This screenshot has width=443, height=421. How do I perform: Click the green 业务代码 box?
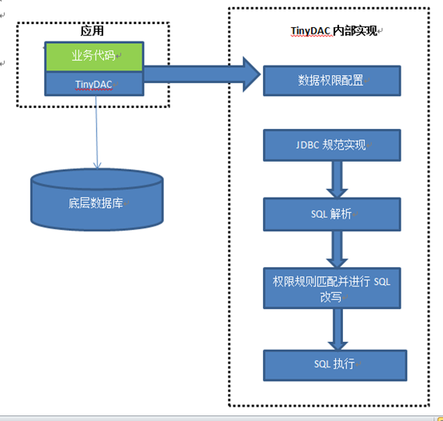(x=94, y=57)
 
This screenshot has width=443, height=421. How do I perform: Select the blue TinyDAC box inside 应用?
(x=94, y=82)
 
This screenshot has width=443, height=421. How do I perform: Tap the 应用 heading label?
(x=93, y=31)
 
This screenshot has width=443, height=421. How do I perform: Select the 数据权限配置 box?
(x=331, y=80)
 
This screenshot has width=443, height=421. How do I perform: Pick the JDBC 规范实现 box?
(x=331, y=145)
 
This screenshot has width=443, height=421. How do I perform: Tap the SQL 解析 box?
(x=331, y=215)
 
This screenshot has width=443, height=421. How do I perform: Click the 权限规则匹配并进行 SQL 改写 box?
(x=331, y=289)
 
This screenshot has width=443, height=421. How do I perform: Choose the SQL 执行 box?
(x=331, y=364)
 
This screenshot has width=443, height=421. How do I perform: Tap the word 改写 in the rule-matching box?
(x=331, y=297)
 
